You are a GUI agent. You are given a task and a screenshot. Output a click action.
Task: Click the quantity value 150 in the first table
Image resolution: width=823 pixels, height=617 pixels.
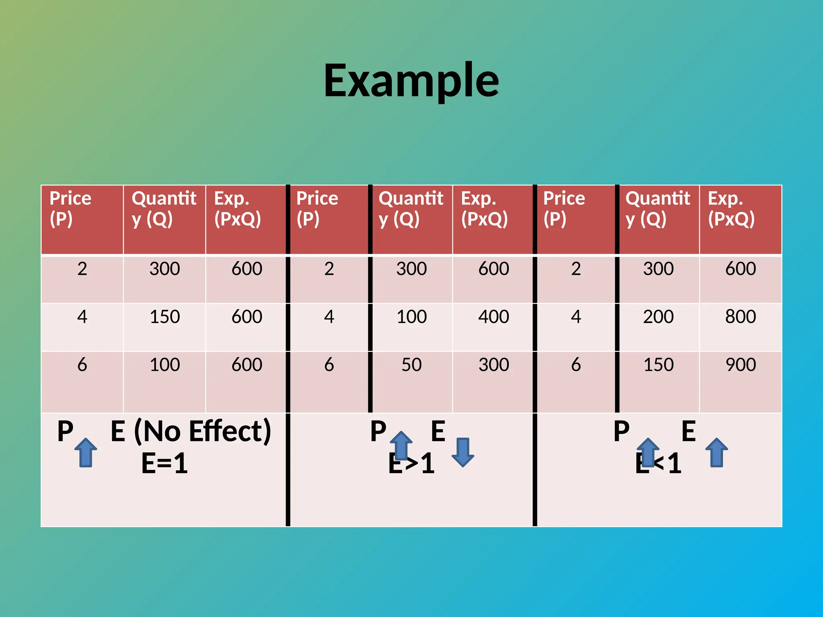click(x=165, y=317)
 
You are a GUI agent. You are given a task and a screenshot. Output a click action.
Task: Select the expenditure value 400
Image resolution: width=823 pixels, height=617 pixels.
click(x=493, y=317)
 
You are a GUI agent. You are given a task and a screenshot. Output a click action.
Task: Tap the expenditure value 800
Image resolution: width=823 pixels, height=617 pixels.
click(x=740, y=317)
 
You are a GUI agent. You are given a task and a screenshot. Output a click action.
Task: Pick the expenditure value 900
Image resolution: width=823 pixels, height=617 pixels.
click(x=740, y=365)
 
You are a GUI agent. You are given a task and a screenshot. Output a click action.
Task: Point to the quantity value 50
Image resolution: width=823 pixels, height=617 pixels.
click(x=411, y=365)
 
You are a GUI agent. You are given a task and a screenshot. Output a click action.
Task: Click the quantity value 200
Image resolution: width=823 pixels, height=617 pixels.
click(x=658, y=317)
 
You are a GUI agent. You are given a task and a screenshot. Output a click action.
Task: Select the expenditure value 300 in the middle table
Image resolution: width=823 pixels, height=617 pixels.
click(x=493, y=365)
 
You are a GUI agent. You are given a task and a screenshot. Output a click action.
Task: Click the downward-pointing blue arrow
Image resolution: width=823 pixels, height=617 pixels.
click(x=463, y=452)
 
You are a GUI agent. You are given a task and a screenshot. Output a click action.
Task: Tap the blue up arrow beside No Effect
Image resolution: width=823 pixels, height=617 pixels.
click(x=86, y=452)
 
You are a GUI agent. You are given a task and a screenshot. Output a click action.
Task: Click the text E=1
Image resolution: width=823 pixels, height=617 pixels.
click(x=164, y=463)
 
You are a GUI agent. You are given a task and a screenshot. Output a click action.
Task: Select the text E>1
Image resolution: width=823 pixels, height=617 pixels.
click(x=411, y=463)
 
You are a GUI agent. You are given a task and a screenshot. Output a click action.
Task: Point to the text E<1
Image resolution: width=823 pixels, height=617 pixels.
click(x=658, y=463)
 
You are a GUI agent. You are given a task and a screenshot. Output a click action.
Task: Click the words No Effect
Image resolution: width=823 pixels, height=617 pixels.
click(x=203, y=431)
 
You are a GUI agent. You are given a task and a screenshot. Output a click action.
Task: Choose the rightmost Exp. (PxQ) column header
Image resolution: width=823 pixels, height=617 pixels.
click(x=731, y=209)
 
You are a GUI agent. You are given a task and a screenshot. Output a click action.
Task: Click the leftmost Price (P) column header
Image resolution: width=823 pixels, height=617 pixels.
click(x=70, y=209)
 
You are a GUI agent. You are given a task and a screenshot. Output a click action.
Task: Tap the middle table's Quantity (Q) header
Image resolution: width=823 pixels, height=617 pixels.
click(x=411, y=209)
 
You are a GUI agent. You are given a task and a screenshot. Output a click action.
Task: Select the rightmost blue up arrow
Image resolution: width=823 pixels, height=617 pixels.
click(x=717, y=452)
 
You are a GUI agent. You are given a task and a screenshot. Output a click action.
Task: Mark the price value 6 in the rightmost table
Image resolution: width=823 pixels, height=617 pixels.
click(x=576, y=365)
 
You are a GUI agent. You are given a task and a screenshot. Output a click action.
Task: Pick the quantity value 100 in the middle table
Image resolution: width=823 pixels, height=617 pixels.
click(x=411, y=317)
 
